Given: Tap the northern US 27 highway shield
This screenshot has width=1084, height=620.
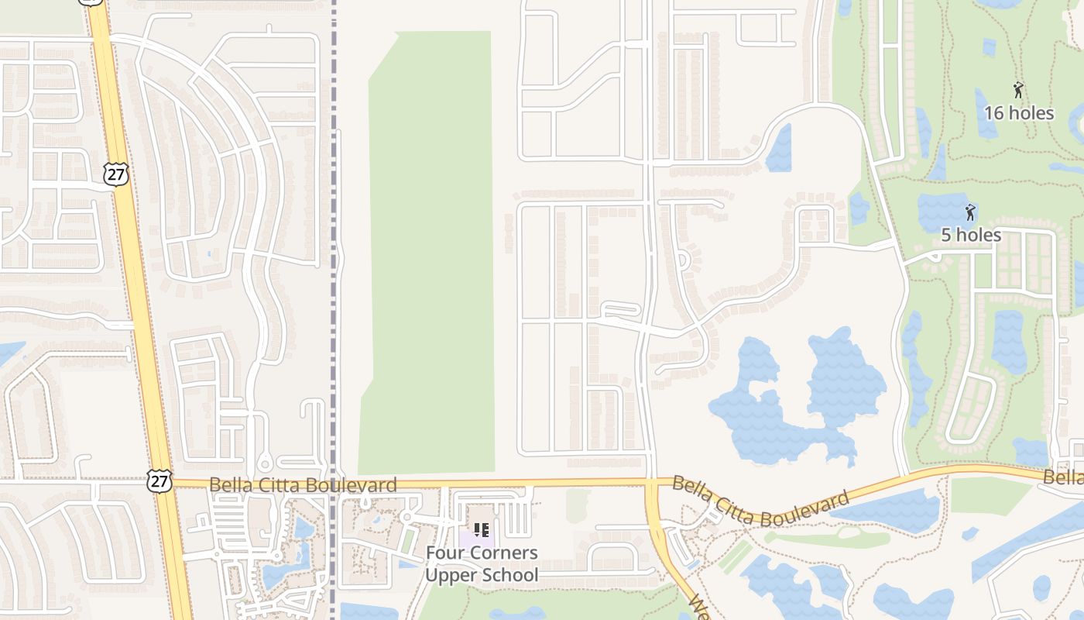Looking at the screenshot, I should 115,174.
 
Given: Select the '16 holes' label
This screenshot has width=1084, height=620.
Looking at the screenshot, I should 1019,113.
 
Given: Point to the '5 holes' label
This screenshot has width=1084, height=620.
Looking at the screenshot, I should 971,235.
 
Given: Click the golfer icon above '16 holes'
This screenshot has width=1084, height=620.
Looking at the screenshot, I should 1018,90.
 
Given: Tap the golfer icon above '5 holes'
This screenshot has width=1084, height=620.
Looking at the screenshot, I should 970,212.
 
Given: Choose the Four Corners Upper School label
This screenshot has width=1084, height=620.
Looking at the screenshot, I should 482,563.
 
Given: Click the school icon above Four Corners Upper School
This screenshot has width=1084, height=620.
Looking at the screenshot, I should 482,530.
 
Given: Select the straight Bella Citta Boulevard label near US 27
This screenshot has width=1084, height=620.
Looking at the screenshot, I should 303,485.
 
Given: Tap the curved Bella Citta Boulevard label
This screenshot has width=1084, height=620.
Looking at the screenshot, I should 760,502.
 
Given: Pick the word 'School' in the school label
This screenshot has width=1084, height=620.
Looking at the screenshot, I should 509,575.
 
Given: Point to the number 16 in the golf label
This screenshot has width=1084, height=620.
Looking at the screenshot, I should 994,113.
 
